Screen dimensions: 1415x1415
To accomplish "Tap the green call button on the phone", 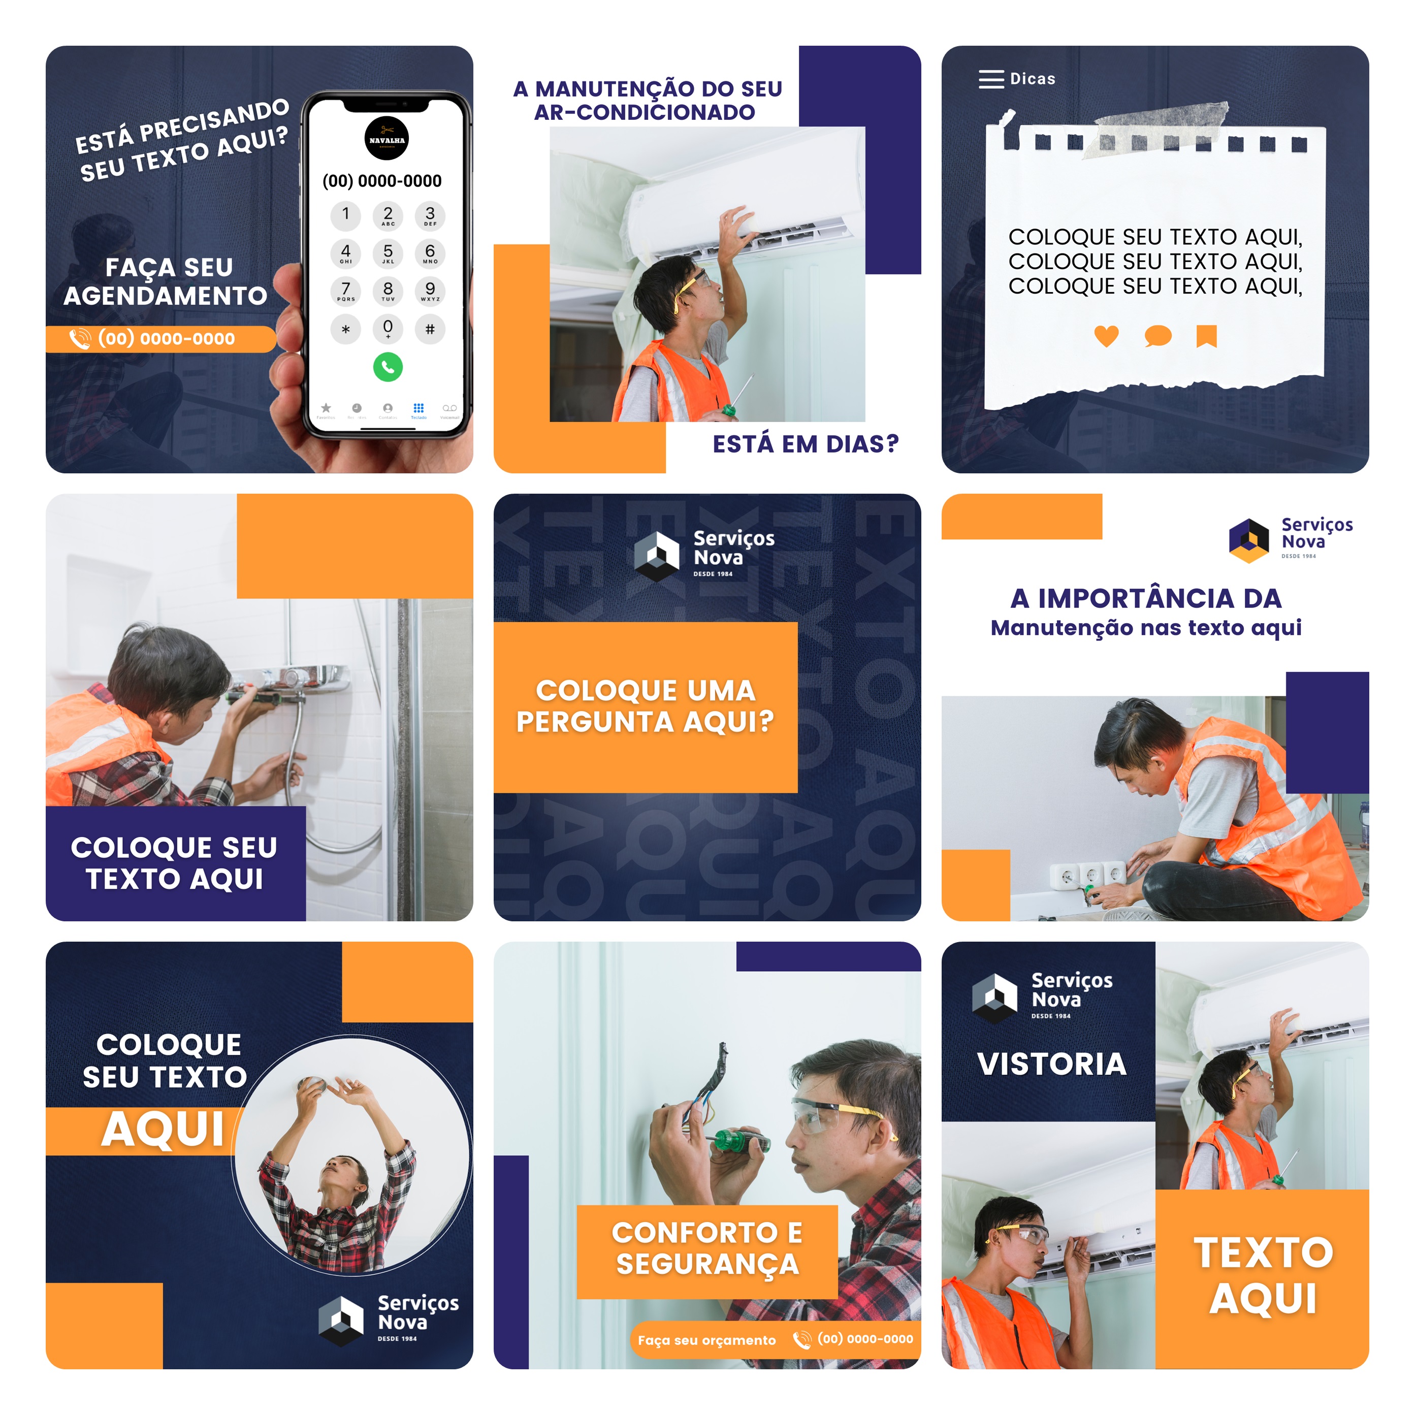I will pos(388,367).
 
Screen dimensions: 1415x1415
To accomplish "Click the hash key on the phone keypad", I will pos(430,329).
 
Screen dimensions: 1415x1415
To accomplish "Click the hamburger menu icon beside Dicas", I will pos(991,79).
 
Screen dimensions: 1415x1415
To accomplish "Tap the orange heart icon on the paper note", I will pos(1106,336).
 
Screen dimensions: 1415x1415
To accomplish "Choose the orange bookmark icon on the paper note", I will pos(1206,336).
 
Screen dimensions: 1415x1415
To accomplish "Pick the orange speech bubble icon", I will pos(1157,336).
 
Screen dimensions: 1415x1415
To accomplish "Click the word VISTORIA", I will pos(1052,1064).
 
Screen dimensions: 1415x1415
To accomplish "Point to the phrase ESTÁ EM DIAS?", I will pos(805,444).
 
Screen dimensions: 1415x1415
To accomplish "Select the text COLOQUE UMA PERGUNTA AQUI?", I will pos(645,706).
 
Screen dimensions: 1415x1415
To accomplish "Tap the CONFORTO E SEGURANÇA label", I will pos(707,1248).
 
